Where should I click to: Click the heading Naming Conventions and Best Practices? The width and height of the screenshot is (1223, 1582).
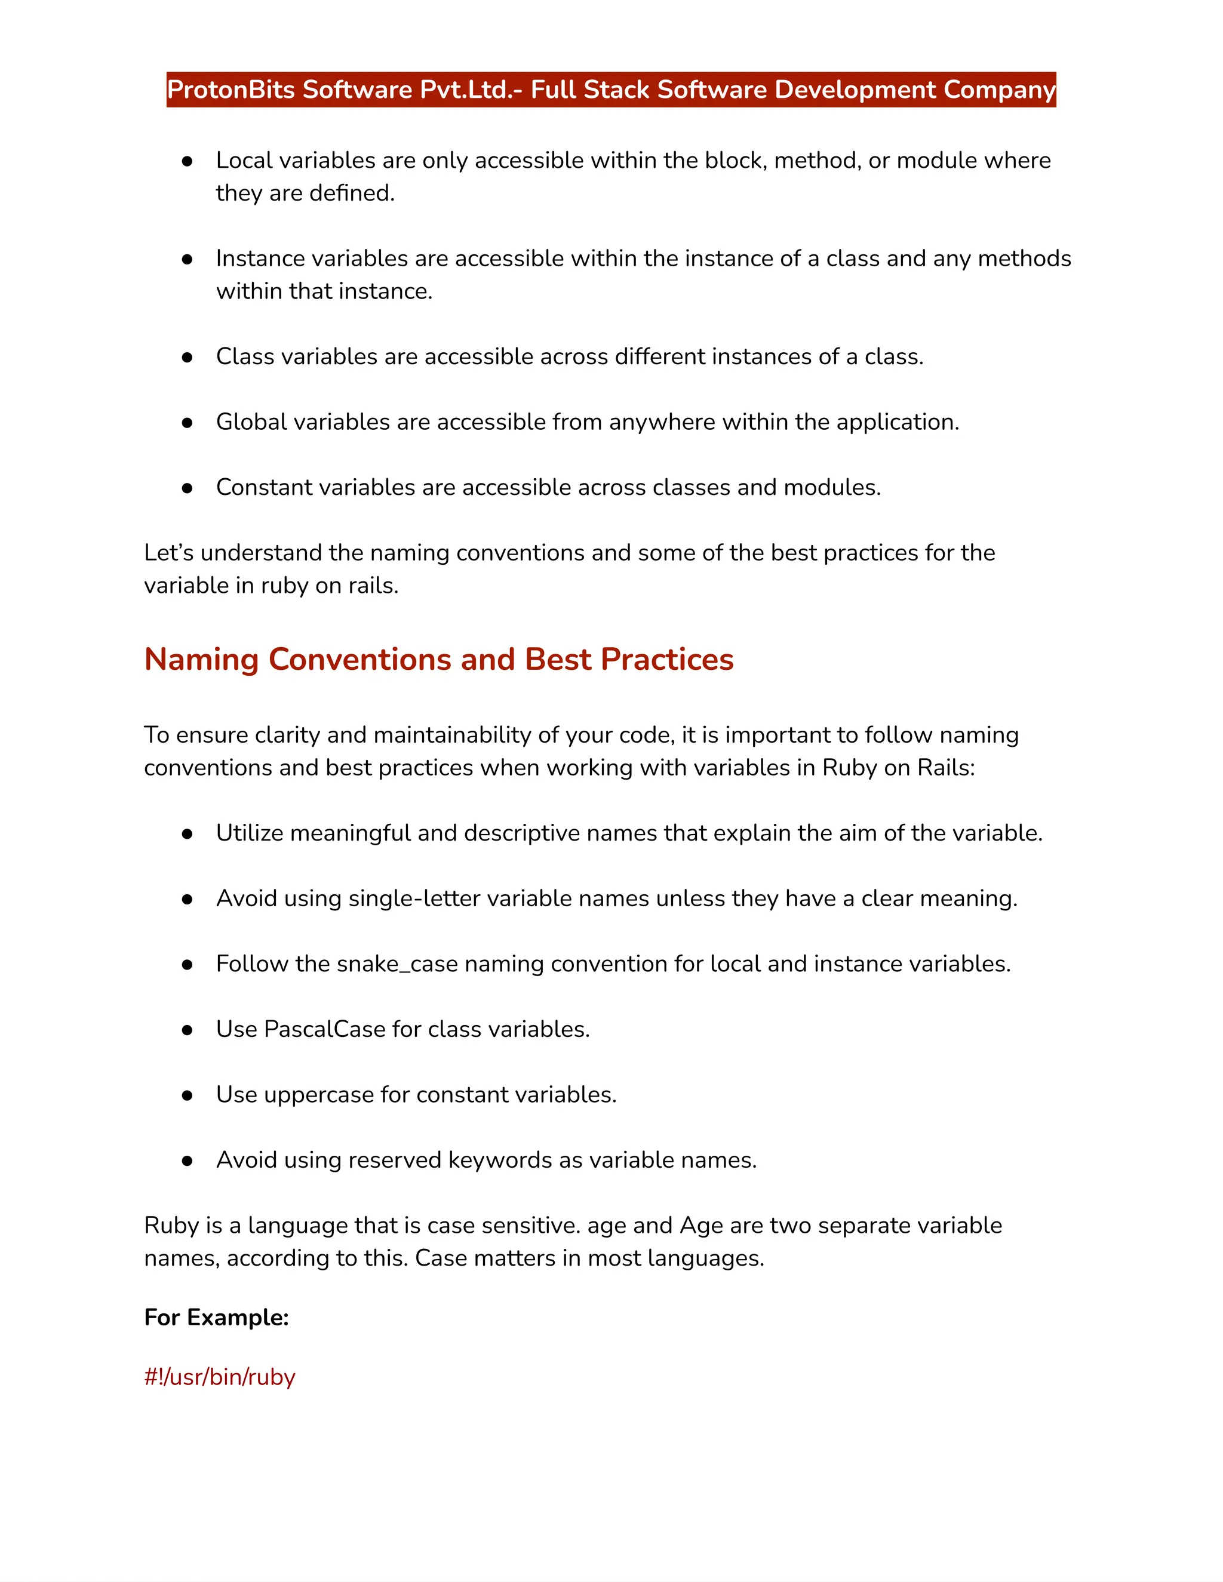[x=438, y=659]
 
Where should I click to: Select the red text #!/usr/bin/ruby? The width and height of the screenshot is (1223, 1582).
[x=220, y=1376]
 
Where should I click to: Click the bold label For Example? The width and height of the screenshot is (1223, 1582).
[x=216, y=1317]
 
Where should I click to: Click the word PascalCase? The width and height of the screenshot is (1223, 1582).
[x=325, y=1029]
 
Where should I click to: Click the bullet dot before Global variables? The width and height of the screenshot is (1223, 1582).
[x=187, y=422]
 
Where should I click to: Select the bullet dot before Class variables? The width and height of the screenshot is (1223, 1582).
[x=187, y=357]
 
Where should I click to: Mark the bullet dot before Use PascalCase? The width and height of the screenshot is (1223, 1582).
[x=187, y=1029]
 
